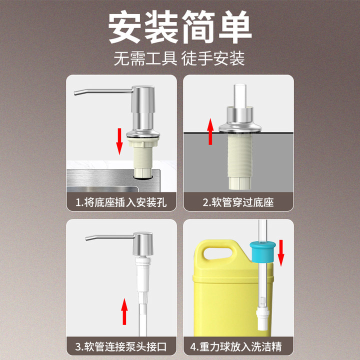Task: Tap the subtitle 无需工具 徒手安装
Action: pos(180,59)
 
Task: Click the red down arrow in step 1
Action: pos(119,140)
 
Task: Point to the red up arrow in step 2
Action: pos(210,131)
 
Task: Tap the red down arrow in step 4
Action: pos(280,252)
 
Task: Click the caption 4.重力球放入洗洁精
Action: pos(238,346)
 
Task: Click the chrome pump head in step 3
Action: pos(141,245)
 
